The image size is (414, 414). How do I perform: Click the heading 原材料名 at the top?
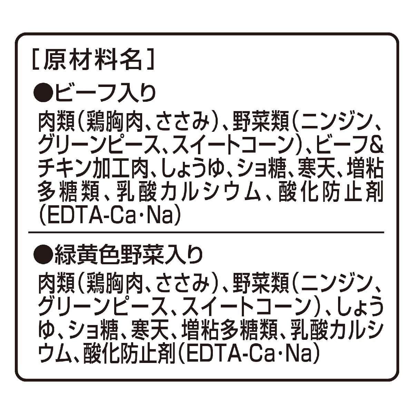click(93, 60)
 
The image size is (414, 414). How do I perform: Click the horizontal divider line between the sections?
click(206, 232)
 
